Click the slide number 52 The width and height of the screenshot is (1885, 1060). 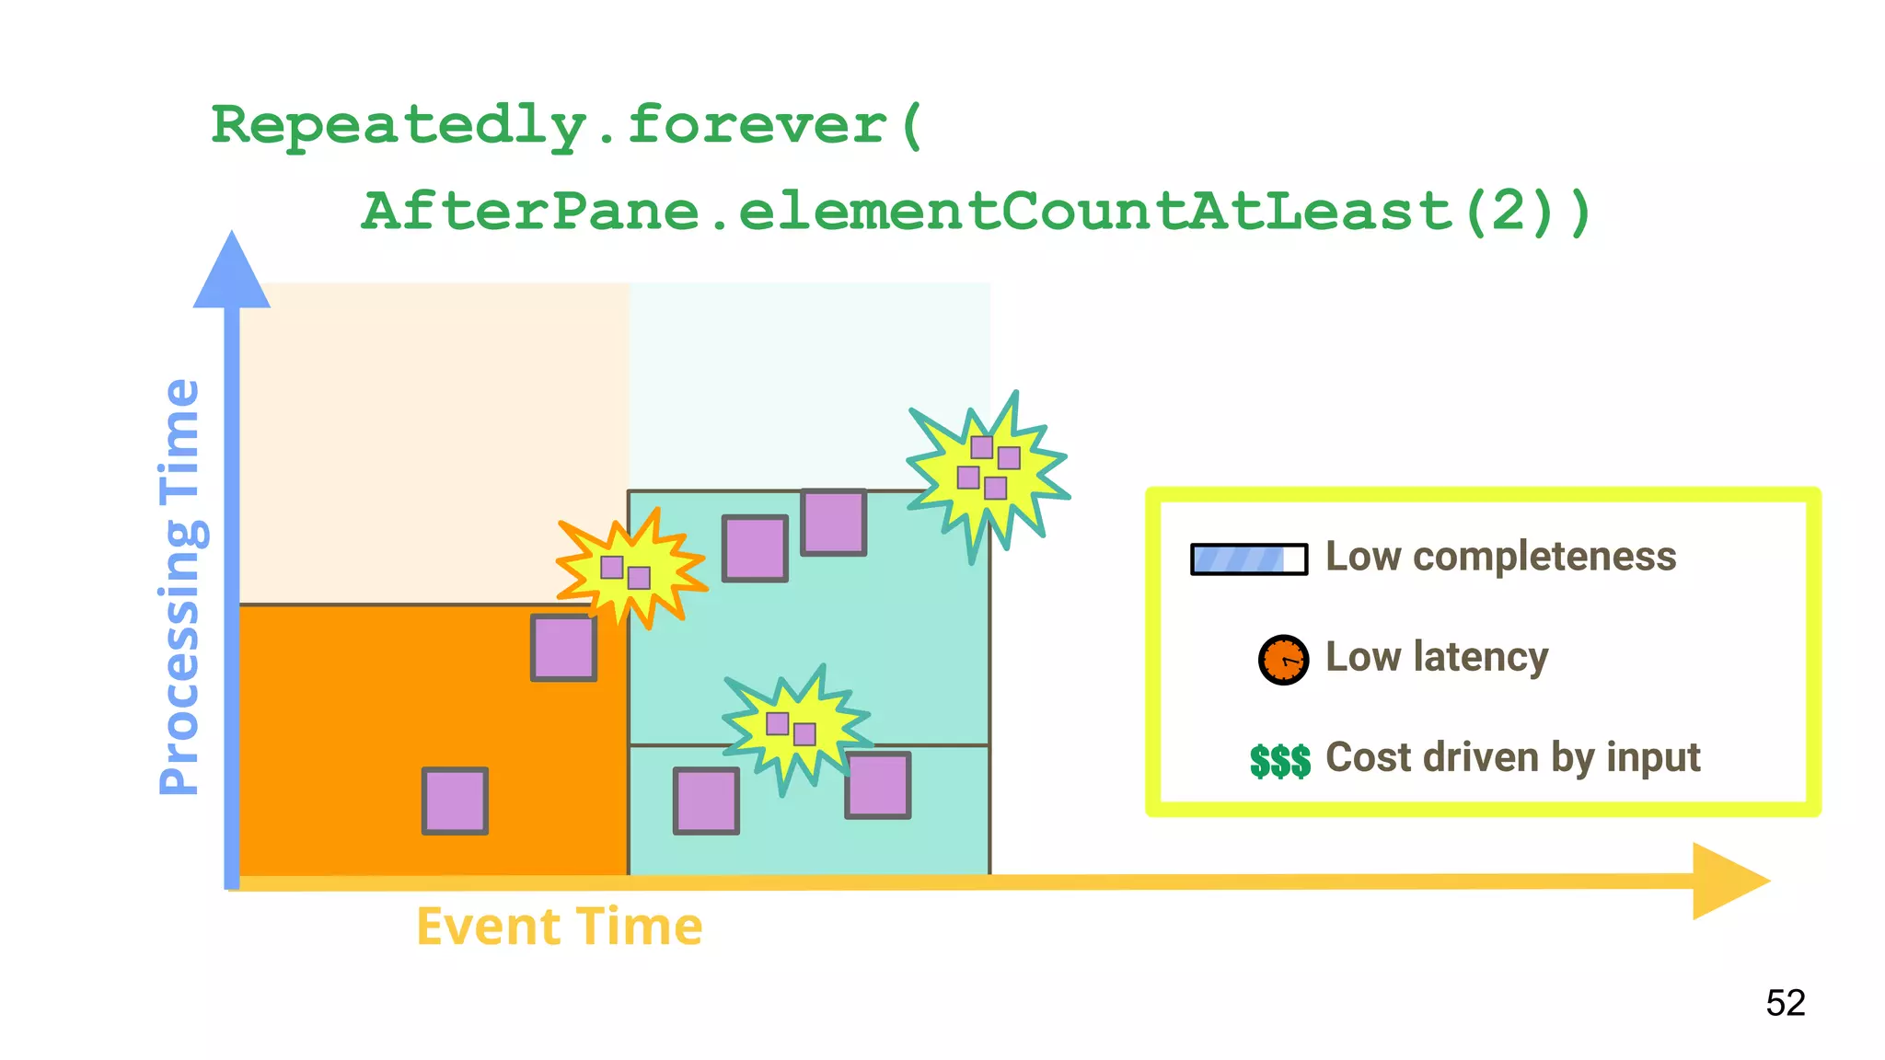coord(1785,1003)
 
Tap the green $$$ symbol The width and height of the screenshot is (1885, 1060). coord(1279,761)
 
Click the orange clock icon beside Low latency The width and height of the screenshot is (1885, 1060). coord(1283,660)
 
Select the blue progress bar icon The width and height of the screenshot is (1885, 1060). coord(1249,559)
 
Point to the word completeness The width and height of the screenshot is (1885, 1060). coord(1544,557)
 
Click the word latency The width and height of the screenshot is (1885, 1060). coord(1481,657)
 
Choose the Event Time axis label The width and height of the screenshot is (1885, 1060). coord(560,927)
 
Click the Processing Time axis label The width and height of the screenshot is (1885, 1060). coord(179,587)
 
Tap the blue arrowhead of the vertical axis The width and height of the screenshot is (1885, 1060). coord(232,272)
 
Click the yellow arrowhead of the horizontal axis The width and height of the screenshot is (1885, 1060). coord(1728,881)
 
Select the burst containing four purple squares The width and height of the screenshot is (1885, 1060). coord(987,468)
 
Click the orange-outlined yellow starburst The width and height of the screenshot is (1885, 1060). coord(630,570)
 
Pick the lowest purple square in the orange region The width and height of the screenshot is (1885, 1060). coord(455,801)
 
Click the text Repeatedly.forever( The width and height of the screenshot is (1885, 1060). coord(565,126)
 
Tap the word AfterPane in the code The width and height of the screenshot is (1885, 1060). coord(530,211)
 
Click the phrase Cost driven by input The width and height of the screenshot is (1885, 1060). coord(1512,757)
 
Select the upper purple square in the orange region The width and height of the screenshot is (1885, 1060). coord(563,648)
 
